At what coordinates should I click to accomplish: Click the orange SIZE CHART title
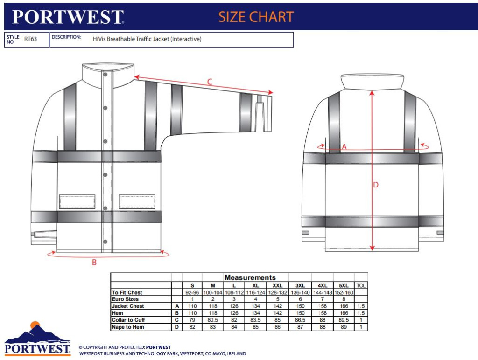[256, 17]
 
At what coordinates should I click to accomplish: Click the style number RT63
[30, 39]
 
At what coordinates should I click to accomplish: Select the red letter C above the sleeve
[210, 82]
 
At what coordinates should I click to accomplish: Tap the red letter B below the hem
[94, 262]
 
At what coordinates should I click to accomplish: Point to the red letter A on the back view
[344, 147]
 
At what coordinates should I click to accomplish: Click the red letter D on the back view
[376, 185]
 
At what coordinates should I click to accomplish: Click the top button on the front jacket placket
[105, 75]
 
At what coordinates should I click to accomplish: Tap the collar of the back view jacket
[372, 82]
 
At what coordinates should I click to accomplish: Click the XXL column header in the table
[277, 286]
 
